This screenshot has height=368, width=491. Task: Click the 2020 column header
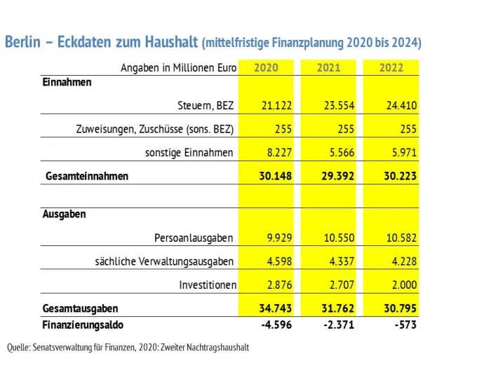[x=266, y=67]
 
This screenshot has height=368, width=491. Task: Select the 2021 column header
[x=328, y=67]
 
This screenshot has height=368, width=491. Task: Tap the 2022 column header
[x=391, y=67]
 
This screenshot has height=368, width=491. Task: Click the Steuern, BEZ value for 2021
[x=339, y=105]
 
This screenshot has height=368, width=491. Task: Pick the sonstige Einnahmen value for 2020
[x=279, y=152]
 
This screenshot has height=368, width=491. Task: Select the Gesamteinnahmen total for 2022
[x=401, y=176]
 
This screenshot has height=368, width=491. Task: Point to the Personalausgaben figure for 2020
[x=279, y=238]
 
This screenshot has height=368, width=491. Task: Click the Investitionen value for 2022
[x=404, y=285]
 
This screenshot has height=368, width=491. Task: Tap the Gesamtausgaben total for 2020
[x=275, y=308]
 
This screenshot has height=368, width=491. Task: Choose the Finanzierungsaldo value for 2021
[x=339, y=325]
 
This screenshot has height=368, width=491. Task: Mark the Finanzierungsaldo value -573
[x=405, y=325]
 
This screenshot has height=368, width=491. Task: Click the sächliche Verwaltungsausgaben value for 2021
[x=342, y=261]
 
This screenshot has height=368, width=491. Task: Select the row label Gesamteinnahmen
[x=87, y=176]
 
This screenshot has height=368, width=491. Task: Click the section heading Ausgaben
[x=65, y=214]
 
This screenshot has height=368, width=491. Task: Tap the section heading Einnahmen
[x=67, y=82]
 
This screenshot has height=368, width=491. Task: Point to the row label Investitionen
[x=208, y=285]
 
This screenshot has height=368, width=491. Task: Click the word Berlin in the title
[x=22, y=42]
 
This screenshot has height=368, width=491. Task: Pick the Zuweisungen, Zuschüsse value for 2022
[x=408, y=129]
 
